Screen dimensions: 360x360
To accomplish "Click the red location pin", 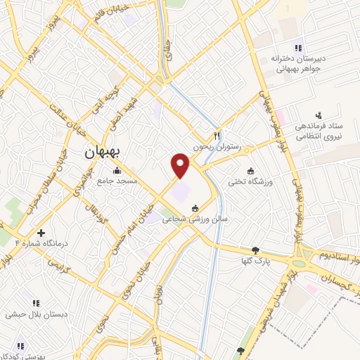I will click(x=181, y=165).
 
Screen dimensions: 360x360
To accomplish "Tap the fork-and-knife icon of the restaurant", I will click(x=218, y=136).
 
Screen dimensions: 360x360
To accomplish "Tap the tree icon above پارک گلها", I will click(x=255, y=250).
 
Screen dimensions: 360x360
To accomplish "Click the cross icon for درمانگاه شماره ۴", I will click(x=41, y=233).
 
